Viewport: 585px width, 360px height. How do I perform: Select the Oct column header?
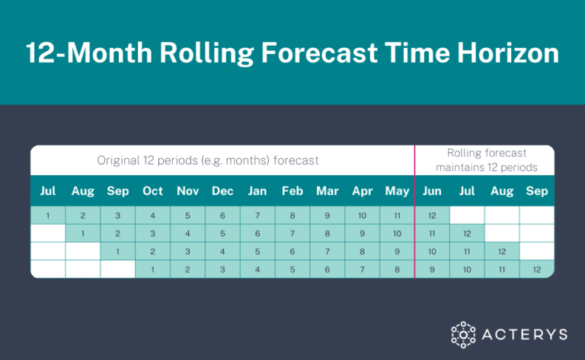point(152,191)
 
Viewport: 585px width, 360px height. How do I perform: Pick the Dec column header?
point(222,191)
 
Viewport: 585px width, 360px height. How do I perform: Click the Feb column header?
point(292,191)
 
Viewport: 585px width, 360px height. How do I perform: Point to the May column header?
point(396,191)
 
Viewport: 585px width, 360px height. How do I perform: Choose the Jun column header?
point(431,191)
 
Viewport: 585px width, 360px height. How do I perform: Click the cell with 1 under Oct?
point(152,269)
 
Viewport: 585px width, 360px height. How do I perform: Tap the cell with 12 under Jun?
point(431,215)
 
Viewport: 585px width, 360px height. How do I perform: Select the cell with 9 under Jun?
point(431,269)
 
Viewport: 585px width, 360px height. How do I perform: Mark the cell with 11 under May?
point(396,215)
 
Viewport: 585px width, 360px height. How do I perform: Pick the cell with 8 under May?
point(396,269)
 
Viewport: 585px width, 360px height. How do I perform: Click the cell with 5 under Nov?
point(187,215)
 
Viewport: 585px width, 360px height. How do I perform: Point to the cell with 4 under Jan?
point(257,269)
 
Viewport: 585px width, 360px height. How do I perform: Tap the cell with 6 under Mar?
point(327,269)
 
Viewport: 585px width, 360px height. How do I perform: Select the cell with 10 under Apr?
point(362,215)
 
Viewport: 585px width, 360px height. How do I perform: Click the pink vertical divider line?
point(414,228)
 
